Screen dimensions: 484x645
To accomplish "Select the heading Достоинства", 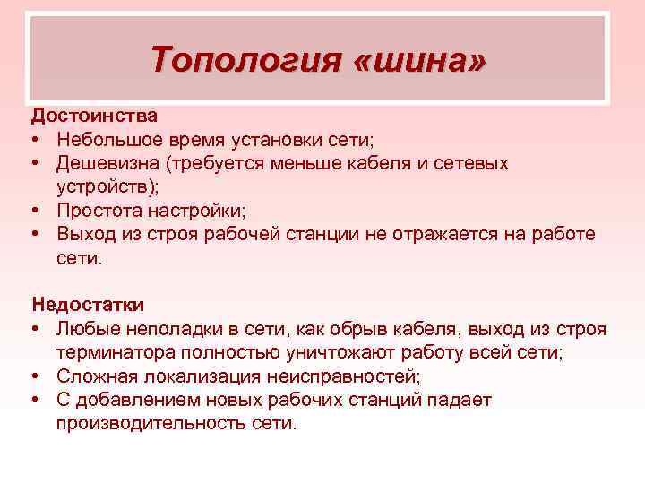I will [95, 116].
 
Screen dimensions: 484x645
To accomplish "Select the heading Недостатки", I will [88, 305].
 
